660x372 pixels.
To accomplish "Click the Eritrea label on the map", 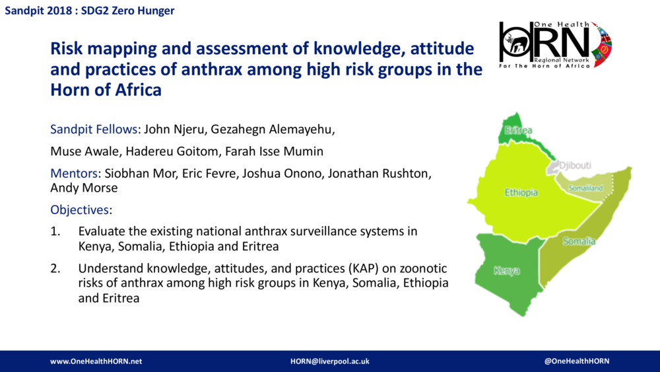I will click(518, 131).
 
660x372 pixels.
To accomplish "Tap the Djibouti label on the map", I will click(574, 165).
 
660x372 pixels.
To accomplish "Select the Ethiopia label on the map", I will click(521, 193).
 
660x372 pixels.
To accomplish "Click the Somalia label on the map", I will click(579, 241).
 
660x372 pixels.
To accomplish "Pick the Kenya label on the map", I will click(506, 271).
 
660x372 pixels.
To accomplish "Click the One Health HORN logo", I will click(555, 44).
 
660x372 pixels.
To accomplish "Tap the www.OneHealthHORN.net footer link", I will click(96, 361).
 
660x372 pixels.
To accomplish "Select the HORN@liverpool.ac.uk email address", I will click(329, 361).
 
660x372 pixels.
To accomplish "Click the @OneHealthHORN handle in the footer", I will click(577, 361).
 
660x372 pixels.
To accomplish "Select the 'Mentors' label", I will click(74, 174).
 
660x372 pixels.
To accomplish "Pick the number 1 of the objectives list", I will click(55, 232).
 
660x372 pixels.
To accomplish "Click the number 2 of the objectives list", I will click(55, 268).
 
